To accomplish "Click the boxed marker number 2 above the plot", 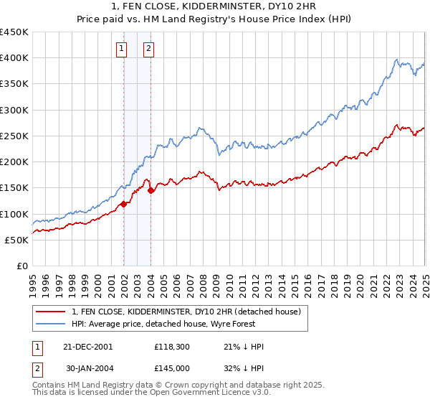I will tap(148, 49).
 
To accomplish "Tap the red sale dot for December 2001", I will tap(123, 204).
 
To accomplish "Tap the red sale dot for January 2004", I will tap(151, 190).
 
